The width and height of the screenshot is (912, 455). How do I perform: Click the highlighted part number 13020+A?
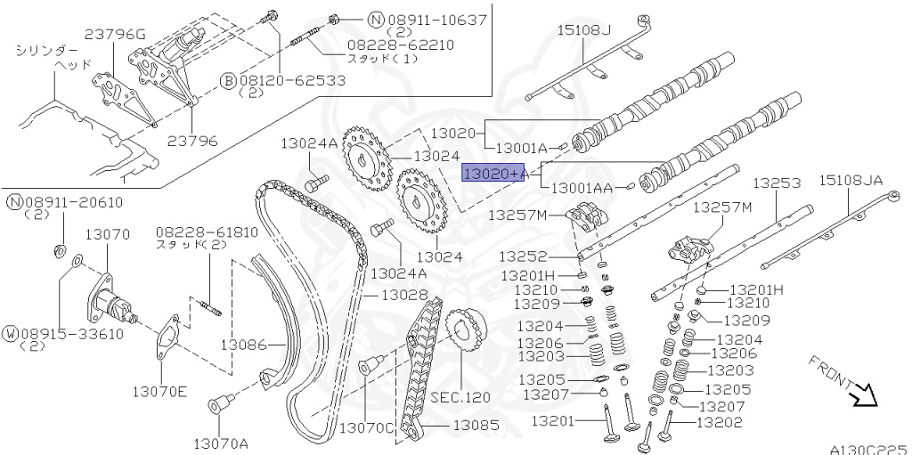click(x=493, y=173)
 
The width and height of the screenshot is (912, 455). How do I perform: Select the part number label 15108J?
click(x=584, y=30)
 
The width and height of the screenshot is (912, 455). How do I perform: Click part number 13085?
click(x=476, y=426)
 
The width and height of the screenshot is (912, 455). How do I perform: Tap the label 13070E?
click(x=160, y=389)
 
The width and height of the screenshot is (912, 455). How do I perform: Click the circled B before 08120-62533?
click(x=228, y=80)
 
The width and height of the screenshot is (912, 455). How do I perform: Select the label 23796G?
click(x=115, y=35)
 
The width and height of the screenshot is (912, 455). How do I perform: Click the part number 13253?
click(x=777, y=183)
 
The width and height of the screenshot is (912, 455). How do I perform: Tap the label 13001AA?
click(x=582, y=189)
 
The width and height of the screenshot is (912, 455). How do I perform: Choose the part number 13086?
click(x=244, y=344)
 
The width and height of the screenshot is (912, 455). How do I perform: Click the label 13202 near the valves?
click(x=718, y=423)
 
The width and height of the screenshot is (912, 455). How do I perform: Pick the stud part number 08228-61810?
click(x=207, y=232)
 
